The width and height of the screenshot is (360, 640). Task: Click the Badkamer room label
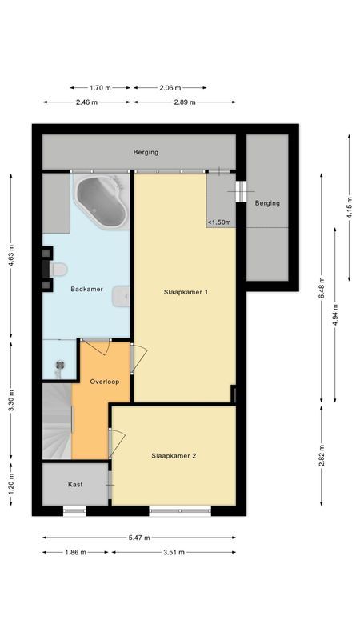pos(86,289)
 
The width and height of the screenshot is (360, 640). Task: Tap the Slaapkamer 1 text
pos(185,292)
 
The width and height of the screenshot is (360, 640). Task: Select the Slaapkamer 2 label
pos(174,456)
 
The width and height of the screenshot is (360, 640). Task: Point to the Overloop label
pos(105,382)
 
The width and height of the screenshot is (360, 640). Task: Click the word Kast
pos(75,485)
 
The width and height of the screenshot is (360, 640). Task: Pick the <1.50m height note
pos(220,222)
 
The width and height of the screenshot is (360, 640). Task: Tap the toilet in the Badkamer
pos(56,270)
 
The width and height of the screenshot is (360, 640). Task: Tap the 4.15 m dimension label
pos(350,207)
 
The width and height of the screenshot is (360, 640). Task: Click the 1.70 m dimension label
pos(100,88)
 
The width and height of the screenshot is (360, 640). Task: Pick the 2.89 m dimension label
pos(184,102)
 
